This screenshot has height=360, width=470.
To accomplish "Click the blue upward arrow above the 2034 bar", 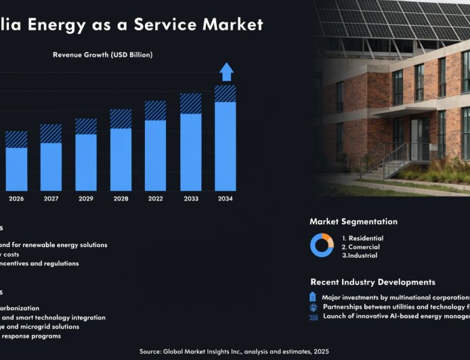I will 226,72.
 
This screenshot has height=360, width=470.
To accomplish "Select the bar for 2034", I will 226,139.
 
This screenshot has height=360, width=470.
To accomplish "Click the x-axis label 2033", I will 190,199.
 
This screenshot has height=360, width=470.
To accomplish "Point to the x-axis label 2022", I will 155,199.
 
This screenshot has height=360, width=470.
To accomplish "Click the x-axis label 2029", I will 86,199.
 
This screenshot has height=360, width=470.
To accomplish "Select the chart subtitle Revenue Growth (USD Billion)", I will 102,55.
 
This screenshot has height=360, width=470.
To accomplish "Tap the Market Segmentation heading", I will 354,221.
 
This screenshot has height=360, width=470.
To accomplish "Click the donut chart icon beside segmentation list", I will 322,245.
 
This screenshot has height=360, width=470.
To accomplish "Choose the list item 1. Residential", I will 362,238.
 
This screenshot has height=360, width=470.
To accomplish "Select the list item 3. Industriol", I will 360,255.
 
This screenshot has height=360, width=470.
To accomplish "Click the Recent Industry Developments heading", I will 372,282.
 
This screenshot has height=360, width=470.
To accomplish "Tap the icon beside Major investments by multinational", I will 313,297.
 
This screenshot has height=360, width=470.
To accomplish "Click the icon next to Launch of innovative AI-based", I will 313,316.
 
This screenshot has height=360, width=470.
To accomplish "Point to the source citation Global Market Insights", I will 234,351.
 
